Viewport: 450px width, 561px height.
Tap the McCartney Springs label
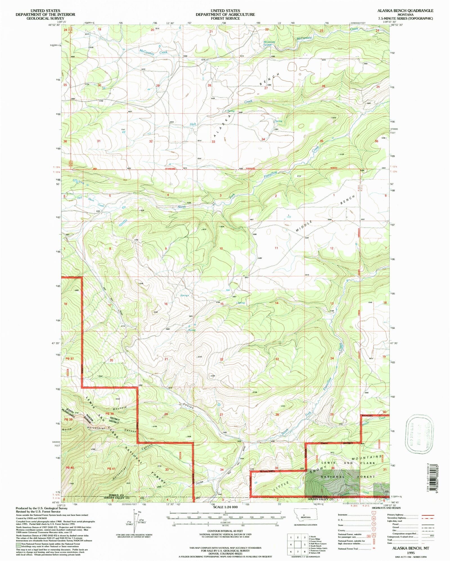click(x=269, y=43)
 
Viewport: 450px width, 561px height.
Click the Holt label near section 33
click(x=193, y=124)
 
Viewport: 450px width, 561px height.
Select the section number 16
click(x=166, y=304)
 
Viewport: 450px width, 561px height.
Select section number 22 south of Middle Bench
click(x=222, y=359)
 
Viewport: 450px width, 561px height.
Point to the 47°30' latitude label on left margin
click(x=56, y=343)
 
